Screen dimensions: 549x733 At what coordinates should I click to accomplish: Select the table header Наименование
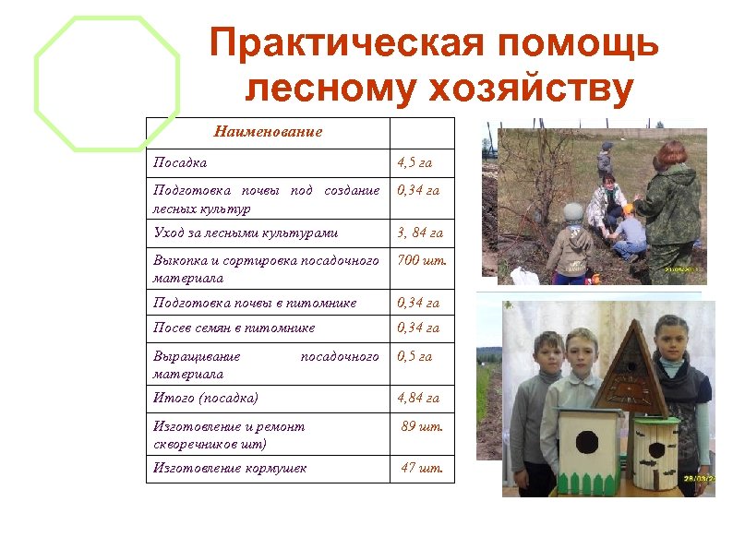point(268,132)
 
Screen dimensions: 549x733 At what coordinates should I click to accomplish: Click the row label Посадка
point(180,162)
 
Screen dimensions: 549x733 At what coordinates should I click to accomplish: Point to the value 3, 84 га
point(420,233)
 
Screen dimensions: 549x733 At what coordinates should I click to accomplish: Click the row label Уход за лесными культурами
point(246,233)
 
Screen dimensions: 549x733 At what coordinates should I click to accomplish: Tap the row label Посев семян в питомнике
point(234,328)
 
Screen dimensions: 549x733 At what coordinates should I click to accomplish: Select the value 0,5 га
point(415,356)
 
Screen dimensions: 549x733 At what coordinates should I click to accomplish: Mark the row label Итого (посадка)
point(206,398)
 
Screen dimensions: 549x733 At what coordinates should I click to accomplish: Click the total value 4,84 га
point(418,398)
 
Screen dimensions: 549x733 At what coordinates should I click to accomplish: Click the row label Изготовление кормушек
point(230,468)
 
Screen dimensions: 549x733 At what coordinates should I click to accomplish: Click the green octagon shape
point(107,83)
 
